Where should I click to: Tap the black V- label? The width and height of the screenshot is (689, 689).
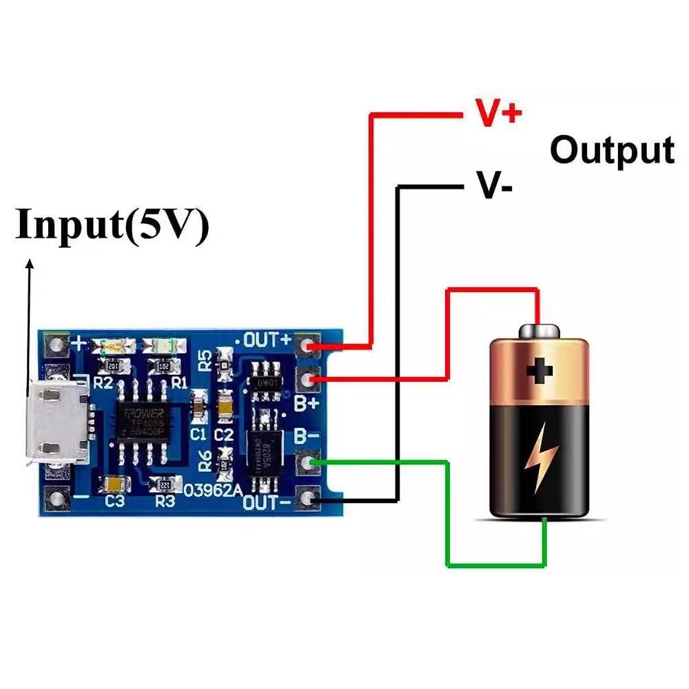493,186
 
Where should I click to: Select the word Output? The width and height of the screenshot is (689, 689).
612,150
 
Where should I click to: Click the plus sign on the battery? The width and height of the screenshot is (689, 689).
540,371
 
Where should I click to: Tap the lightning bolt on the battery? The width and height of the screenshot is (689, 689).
539,458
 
